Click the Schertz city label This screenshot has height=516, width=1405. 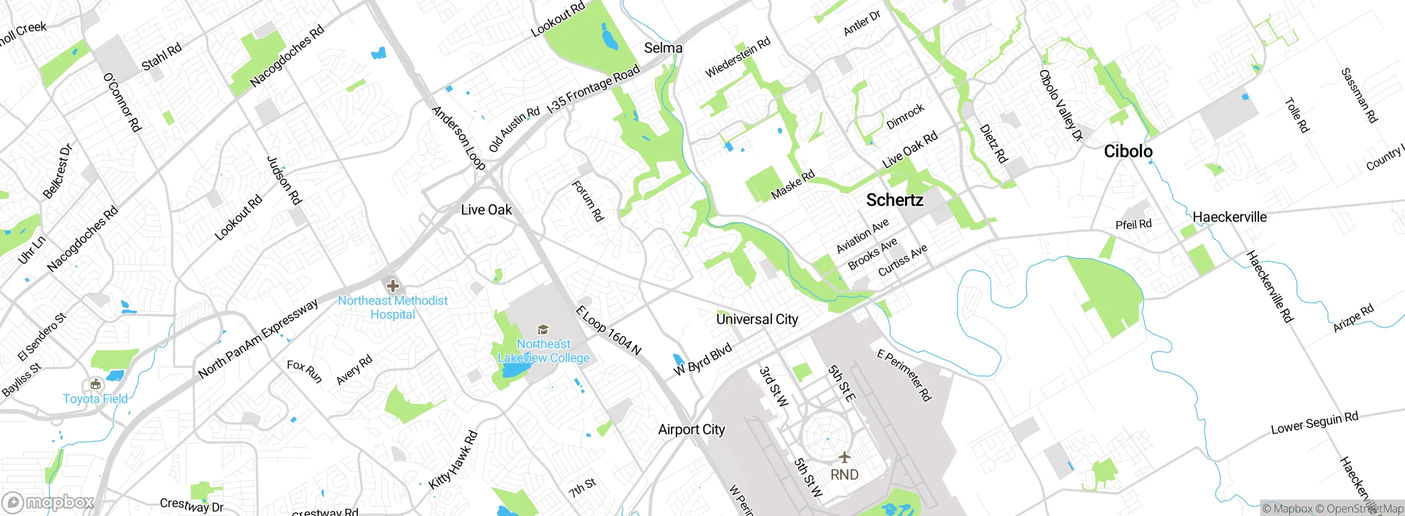[x=895, y=200]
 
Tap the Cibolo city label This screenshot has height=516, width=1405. [x=1128, y=152]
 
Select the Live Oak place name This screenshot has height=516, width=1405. [x=486, y=210]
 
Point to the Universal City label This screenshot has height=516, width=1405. [x=757, y=319]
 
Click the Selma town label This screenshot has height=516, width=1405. [x=663, y=48]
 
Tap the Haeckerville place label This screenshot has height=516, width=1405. [x=1229, y=217]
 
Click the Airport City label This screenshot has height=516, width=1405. [x=691, y=430]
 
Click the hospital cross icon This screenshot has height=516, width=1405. [x=392, y=286]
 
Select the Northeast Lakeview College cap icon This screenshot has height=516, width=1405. [x=543, y=329]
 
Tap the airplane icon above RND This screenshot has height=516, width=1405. [x=844, y=457]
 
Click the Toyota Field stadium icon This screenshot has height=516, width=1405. [x=95, y=384]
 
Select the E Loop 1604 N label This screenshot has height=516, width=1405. [x=608, y=331]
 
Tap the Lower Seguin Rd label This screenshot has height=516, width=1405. [x=1314, y=423]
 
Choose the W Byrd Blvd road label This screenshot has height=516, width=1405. [x=702, y=360]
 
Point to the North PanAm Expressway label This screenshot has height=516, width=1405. [x=258, y=339]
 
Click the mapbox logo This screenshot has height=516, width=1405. [x=48, y=502]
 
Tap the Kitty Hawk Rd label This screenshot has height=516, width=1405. [x=453, y=460]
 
